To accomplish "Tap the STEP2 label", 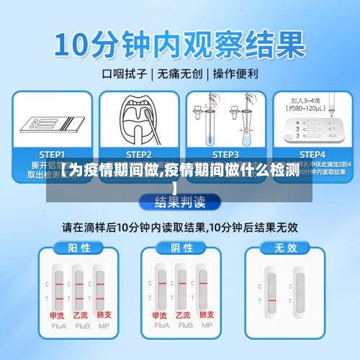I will (x=138, y=154).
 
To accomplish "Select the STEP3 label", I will (x=225, y=154).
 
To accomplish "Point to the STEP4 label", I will (x=312, y=154).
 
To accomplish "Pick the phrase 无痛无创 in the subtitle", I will (x=180, y=73).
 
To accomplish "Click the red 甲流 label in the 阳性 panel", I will (x=57, y=315).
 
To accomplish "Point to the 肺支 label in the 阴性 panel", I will (x=207, y=315).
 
